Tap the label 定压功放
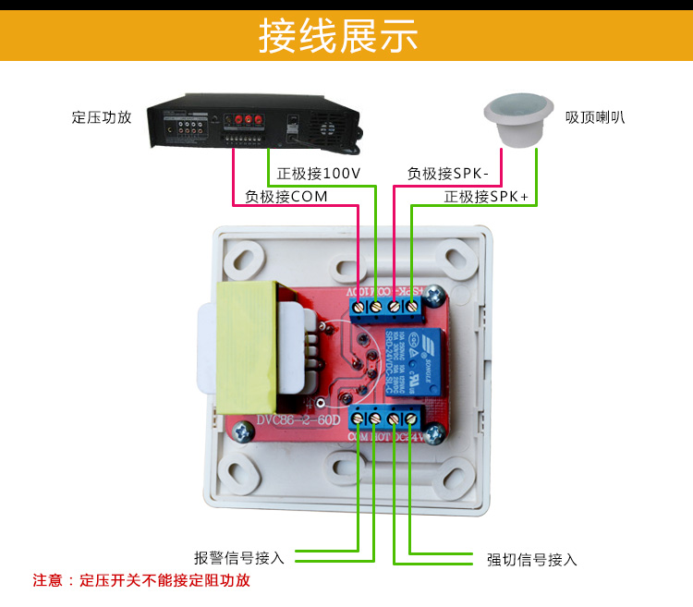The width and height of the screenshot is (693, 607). click(102, 117)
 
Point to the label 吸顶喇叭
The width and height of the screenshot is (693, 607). click(595, 117)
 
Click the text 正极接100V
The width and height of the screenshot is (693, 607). click(319, 173)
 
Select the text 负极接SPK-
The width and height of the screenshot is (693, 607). click(454, 173)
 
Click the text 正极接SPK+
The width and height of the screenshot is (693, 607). click(486, 197)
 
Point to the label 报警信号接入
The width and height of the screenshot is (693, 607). click(238, 558)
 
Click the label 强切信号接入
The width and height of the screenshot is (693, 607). click(531, 560)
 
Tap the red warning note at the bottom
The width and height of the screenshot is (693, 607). click(141, 581)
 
